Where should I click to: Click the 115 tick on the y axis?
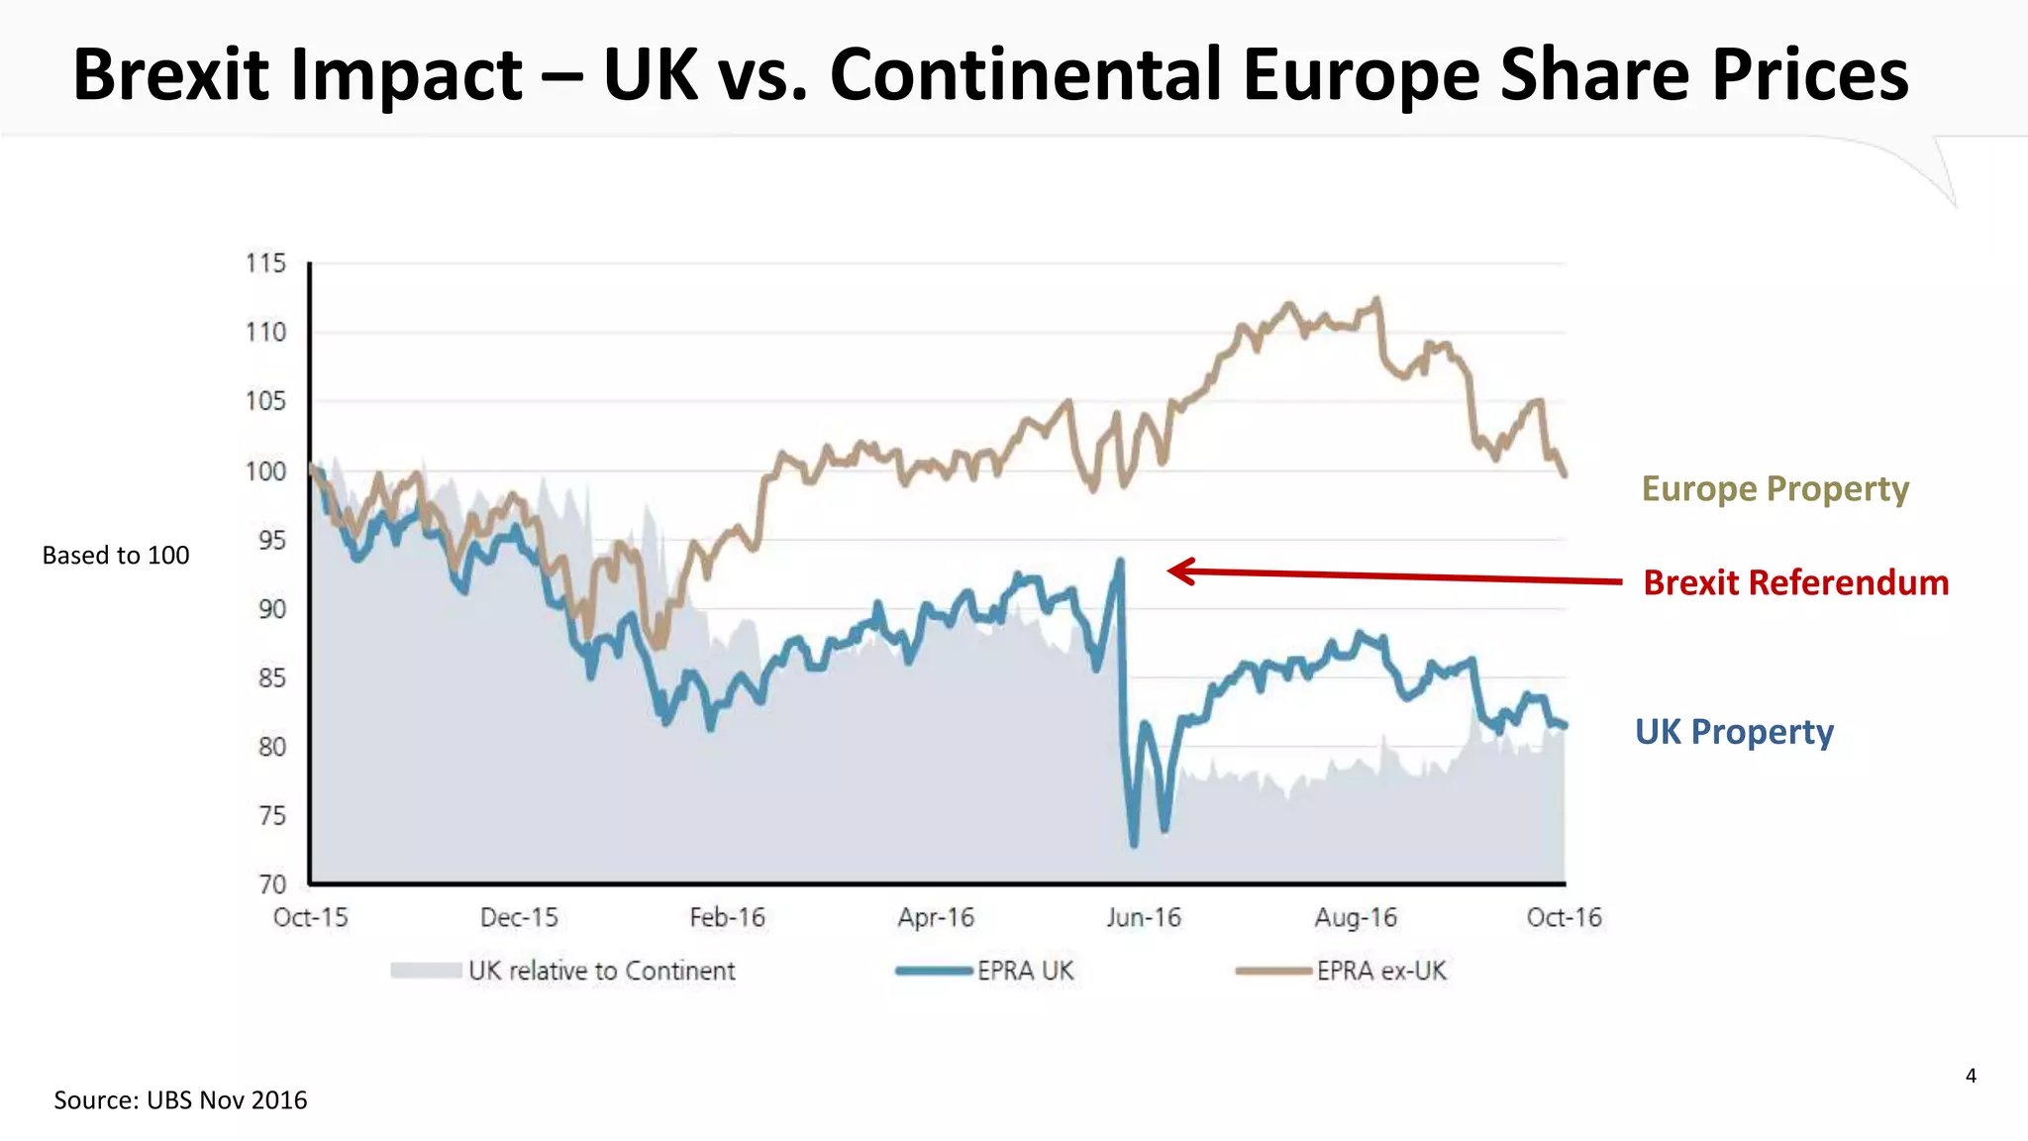265,263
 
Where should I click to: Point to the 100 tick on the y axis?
265,471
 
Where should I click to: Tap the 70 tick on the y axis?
271,883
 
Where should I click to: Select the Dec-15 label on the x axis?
519,918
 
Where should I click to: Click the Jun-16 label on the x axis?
1144,918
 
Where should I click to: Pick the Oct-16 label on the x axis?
1564,918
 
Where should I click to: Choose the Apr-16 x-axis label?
936,918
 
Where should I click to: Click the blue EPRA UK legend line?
934,971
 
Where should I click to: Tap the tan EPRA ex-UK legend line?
1273,971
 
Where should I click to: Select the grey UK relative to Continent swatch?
426,971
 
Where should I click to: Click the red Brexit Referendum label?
1795,582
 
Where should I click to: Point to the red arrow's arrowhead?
1174,570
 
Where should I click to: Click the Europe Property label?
1774,489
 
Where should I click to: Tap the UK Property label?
1734,732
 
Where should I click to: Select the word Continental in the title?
1026,75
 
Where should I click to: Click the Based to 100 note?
116,556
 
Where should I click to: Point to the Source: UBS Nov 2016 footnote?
180,1100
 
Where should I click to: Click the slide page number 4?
1971,1076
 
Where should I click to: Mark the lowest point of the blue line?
1134,844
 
